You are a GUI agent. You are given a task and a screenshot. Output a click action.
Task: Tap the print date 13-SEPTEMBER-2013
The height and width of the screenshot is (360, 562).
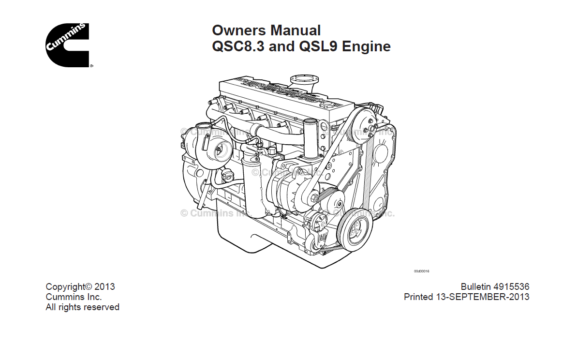pos(489,297)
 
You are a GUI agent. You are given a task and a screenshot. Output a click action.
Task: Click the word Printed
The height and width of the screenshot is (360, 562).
pos(418,297)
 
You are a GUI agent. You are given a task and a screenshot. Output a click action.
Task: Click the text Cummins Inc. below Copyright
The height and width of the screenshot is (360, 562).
pos(74,297)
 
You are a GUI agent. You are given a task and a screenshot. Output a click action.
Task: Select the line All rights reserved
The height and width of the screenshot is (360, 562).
pos(82,307)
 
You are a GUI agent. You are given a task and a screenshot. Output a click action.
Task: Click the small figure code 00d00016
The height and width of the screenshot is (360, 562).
pos(421,271)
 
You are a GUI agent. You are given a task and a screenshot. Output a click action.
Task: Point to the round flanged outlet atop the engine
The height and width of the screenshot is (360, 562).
pos(303,80)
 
